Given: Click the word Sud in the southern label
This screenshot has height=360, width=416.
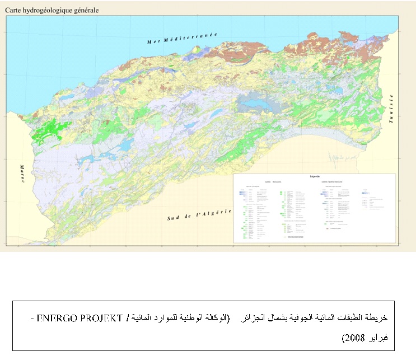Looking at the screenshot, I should click(x=174, y=218).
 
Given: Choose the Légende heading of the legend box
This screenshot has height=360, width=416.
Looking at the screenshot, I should click(x=314, y=177).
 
